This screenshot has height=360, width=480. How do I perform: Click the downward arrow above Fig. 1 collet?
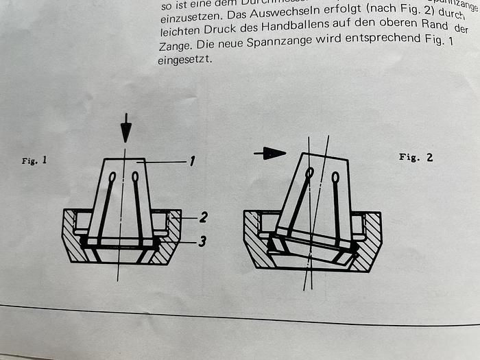[x=125, y=128]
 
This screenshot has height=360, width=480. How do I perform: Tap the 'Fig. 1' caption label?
[x=34, y=162]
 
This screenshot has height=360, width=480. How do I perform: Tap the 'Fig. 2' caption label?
[x=416, y=157]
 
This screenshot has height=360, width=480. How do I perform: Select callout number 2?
[x=203, y=217]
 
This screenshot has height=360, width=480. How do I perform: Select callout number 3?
[x=202, y=241]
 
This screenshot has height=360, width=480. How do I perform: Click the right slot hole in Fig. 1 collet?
[x=135, y=177]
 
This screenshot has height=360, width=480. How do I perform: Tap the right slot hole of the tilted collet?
[x=335, y=178]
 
